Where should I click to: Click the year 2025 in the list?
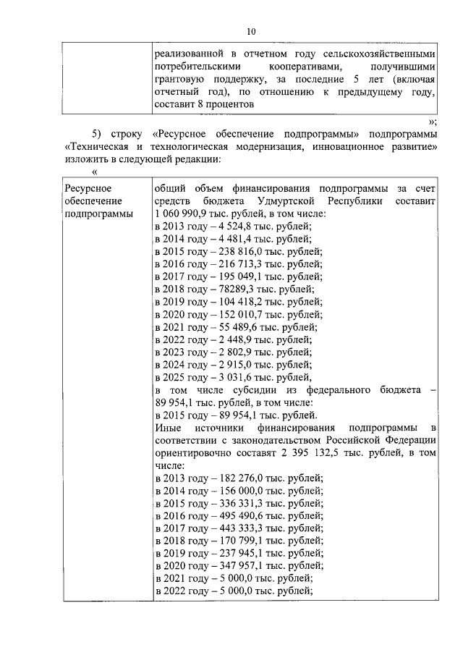tap(178, 377)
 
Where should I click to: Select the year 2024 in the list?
tap(178, 364)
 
